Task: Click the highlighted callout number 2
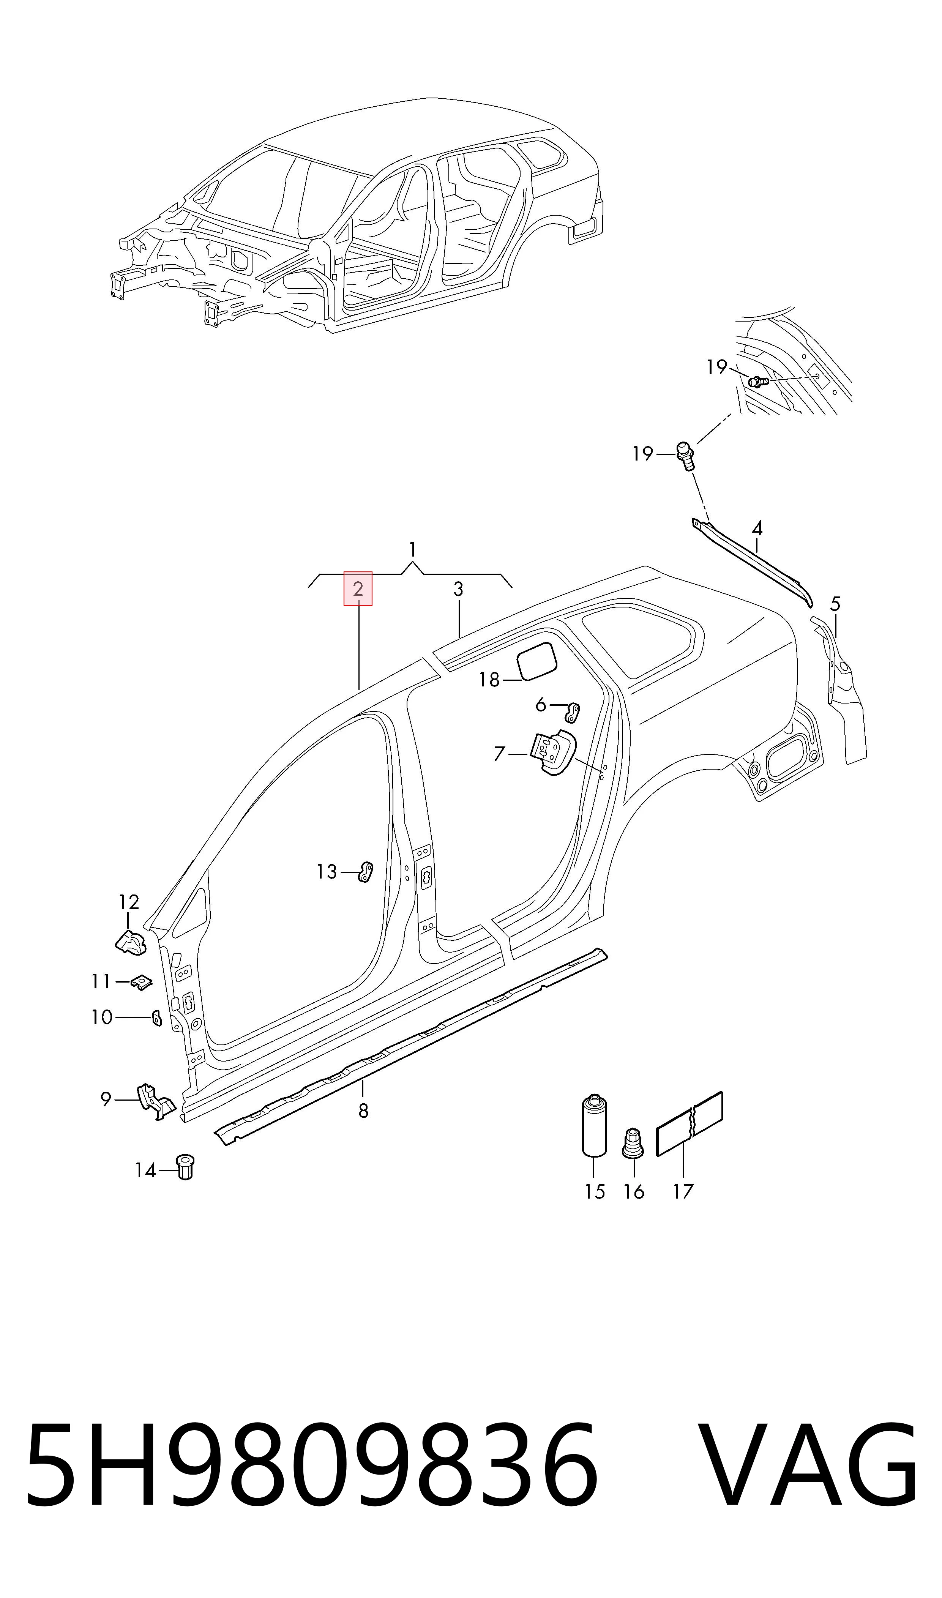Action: coord(358,589)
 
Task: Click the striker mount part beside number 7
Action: coord(552,752)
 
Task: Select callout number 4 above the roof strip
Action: coord(757,528)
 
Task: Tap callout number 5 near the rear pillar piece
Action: coord(835,604)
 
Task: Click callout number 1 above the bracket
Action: coord(413,549)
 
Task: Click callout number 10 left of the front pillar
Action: coord(101,1017)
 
